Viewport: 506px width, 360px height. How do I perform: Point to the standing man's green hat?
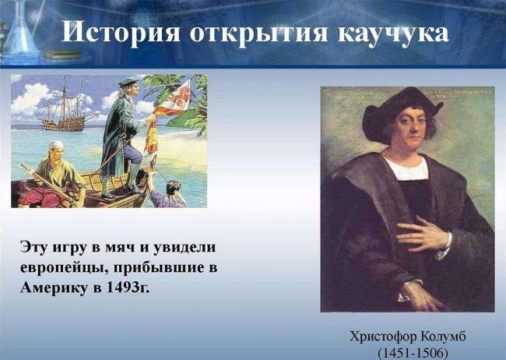(x=127, y=80)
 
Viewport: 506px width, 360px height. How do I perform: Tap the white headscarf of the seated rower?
(x=55, y=145)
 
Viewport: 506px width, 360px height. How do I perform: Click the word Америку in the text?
(x=56, y=288)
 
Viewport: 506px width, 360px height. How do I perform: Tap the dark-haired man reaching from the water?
(x=173, y=189)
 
